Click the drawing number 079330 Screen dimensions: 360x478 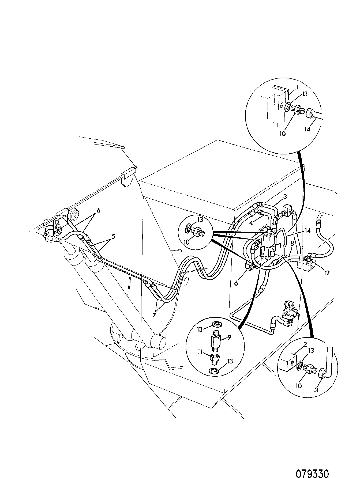[x=312, y=466]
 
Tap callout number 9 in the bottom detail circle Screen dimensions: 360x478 [x=230, y=337]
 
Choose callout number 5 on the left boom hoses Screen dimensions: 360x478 [x=113, y=236]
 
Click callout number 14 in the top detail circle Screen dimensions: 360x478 [x=307, y=129]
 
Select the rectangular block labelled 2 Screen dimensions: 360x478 [x=287, y=362]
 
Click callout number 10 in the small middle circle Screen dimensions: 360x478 [x=186, y=242]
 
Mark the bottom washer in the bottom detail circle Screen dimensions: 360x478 [x=214, y=371]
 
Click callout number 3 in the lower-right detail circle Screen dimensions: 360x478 [x=316, y=390]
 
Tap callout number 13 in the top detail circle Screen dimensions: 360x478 [x=305, y=94]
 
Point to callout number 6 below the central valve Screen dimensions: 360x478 [x=236, y=283]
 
